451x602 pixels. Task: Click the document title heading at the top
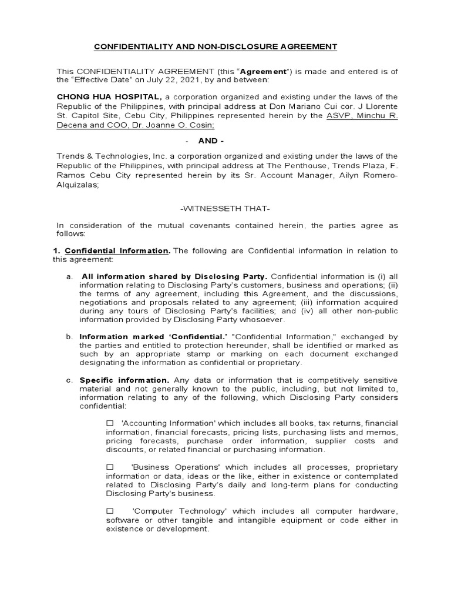208,46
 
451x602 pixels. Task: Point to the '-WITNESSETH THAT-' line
225,209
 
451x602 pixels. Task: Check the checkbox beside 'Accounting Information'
110,423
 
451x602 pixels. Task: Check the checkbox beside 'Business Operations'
110,467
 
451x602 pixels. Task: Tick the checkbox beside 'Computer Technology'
110,511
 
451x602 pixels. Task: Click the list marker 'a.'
69,276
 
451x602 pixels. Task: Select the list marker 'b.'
69,337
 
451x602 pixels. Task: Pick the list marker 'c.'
69,380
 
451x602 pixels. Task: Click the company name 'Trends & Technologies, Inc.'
109,156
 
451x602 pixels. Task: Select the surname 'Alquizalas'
76,185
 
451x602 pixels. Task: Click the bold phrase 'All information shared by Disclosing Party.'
174,276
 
